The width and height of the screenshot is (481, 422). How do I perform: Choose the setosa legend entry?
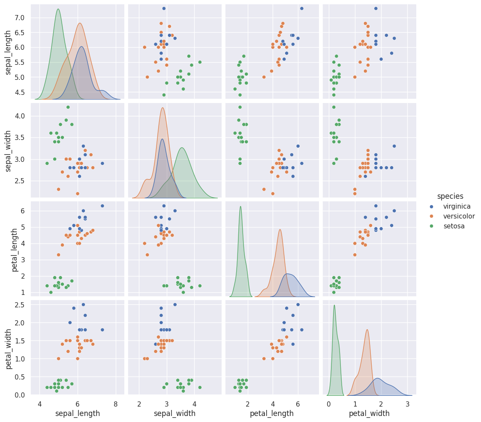(x=454, y=226)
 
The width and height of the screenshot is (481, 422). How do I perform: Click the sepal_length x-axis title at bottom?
(x=78, y=413)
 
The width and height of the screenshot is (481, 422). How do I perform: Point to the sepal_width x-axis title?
(x=175, y=413)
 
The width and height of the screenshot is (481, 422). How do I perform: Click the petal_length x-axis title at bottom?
(x=272, y=413)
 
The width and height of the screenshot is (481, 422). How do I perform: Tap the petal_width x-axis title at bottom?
(x=369, y=413)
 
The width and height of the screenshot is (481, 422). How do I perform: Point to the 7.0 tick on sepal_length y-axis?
(x=21, y=18)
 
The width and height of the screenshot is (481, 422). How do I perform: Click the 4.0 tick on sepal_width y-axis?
(x=21, y=116)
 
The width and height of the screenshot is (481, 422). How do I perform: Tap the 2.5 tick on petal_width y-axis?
(x=21, y=305)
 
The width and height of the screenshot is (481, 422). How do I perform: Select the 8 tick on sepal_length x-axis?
(x=115, y=404)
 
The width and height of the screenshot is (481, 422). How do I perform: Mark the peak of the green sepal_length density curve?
(x=58, y=9)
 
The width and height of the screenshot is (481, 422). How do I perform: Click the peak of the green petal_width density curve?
(x=334, y=305)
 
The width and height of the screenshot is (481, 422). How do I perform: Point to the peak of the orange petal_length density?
(x=280, y=229)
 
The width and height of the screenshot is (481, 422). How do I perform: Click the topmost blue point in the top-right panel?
(x=376, y=9)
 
